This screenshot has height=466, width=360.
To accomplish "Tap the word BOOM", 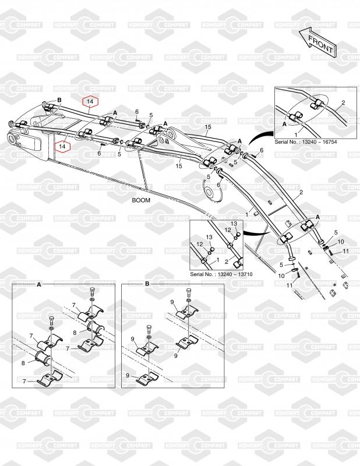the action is [141, 200].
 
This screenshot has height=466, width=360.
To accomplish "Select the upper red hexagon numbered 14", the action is [90, 101].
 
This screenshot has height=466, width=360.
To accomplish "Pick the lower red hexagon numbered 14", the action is [62, 147].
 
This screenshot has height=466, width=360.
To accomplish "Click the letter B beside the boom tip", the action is [59, 100].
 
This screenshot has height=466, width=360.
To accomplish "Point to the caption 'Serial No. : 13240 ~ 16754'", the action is [306, 142].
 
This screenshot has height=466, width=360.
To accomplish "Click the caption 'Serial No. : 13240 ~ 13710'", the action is [221, 274].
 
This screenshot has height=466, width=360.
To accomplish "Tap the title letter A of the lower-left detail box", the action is [39, 284].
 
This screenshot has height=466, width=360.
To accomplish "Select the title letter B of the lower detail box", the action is [147, 284].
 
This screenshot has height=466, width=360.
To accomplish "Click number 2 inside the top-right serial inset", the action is [343, 103].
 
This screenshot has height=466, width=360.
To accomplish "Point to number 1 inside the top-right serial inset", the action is [296, 135].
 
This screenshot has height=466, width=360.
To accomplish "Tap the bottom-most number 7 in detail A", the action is [24, 382].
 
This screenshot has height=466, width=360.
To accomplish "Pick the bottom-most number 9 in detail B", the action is [128, 376].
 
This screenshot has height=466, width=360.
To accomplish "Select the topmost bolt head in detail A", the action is [92, 290].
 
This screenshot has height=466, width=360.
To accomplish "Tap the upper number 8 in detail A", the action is [75, 333].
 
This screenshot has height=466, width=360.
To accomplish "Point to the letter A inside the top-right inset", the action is [284, 124].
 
